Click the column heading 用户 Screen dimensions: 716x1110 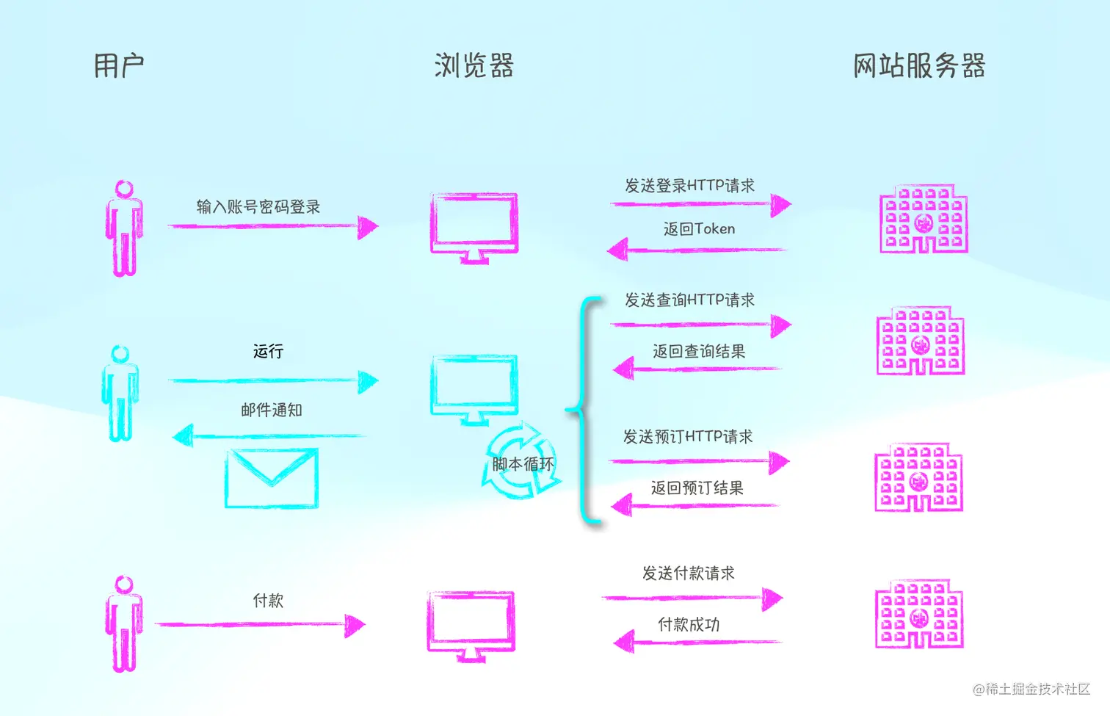[x=119, y=66]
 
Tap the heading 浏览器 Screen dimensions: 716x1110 [x=474, y=66]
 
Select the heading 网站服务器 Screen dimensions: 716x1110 [x=918, y=66]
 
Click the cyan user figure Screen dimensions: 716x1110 [x=120, y=394]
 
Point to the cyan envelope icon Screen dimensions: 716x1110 [x=272, y=478]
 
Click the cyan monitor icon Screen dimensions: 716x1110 [x=474, y=388]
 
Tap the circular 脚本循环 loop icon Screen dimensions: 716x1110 [x=521, y=463]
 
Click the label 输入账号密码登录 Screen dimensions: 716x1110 [x=258, y=206]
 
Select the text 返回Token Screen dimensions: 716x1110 [x=699, y=229]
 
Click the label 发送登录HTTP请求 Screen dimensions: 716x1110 [x=689, y=186]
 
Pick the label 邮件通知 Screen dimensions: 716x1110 [x=272, y=410]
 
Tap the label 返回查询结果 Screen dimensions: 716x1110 [x=699, y=351]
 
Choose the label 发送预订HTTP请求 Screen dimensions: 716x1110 [x=688, y=437]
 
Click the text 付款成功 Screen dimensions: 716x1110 [x=689, y=624]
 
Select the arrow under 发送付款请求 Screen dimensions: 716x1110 [x=692, y=599]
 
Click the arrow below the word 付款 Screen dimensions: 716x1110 [x=261, y=625]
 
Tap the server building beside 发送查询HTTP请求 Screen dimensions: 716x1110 [x=921, y=341]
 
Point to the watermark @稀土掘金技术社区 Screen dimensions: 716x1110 [x=1031, y=689]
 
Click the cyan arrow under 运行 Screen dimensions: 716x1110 [x=273, y=381]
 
